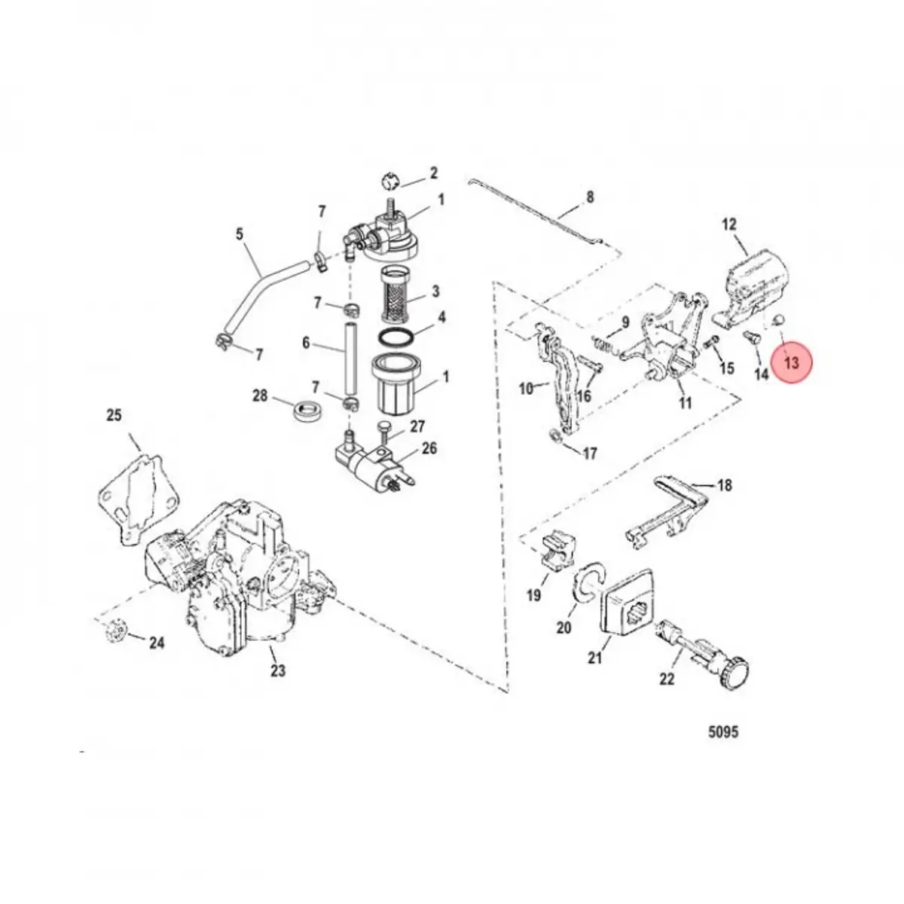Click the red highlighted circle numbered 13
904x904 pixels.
(791, 362)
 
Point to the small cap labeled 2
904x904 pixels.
(387, 182)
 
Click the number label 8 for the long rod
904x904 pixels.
(590, 197)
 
